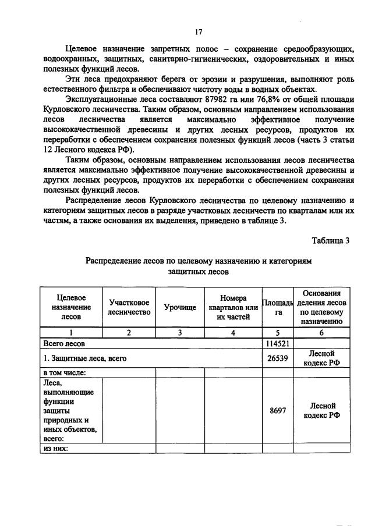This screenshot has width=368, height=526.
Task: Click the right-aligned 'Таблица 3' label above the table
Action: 330,241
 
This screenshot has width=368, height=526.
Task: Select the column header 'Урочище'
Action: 180,307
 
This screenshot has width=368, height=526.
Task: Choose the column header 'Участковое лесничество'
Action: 129,307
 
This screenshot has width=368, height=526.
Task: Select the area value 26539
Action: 278,358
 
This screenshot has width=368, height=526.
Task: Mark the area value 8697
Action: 278,410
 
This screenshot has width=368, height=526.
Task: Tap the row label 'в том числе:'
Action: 65,372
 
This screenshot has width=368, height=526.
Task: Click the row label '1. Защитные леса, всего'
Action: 85,358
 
